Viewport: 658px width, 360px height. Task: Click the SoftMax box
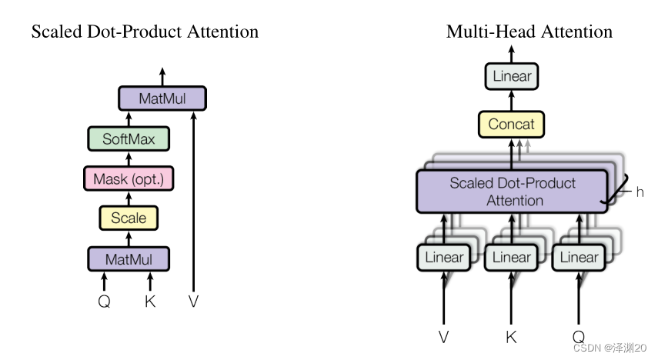click(x=129, y=140)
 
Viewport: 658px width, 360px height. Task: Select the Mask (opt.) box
click(x=129, y=179)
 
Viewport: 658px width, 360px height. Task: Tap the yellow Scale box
click(x=129, y=218)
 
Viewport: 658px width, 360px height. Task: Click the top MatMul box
click(x=162, y=98)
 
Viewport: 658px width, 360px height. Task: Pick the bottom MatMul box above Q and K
click(x=129, y=258)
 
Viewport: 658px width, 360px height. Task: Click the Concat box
click(x=511, y=124)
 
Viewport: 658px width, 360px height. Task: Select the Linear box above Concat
click(x=512, y=76)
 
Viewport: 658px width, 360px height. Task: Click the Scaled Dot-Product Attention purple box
click(x=513, y=192)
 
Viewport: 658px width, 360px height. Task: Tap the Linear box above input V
click(x=444, y=258)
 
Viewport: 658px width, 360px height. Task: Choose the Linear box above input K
click(x=512, y=258)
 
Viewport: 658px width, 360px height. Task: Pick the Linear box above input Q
click(x=579, y=258)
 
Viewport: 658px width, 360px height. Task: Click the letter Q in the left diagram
click(x=104, y=302)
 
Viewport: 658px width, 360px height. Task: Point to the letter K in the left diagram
click(x=150, y=302)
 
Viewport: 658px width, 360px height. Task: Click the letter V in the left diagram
click(x=194, y=302)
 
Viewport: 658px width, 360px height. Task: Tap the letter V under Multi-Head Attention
click(x=444, y=337)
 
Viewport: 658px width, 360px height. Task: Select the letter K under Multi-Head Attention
click(x=511, y=337)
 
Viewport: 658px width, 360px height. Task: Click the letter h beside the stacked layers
click(x=640, y=192)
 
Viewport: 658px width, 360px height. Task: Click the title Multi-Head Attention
click(x=529, y=32)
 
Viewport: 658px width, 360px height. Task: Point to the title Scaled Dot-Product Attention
click(x=145, y=32)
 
